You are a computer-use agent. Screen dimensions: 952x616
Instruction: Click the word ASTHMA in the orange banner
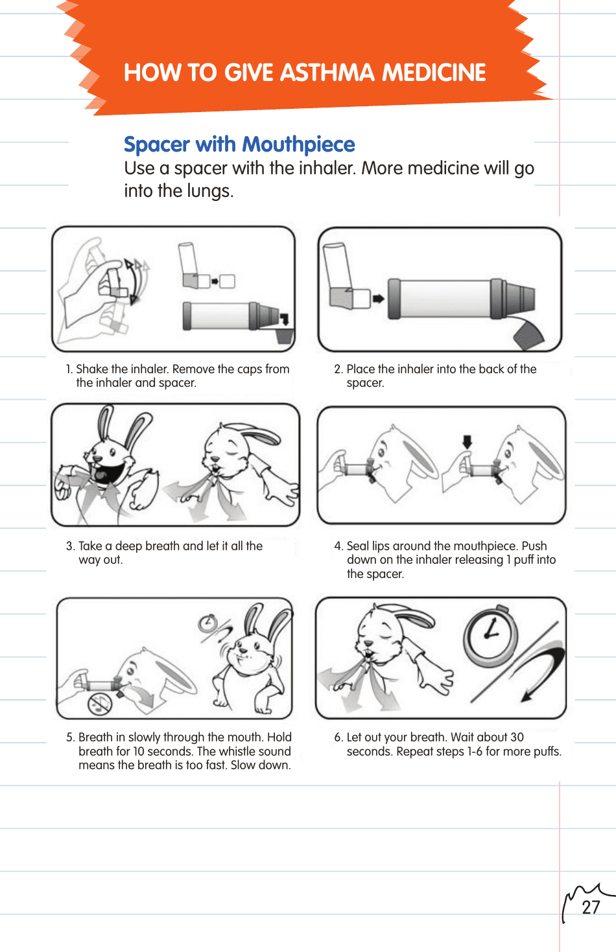[x=327, y=73]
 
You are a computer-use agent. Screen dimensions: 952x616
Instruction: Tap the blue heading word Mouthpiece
[x=300, y=144]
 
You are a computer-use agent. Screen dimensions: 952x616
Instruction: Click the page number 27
[x=591, y=907]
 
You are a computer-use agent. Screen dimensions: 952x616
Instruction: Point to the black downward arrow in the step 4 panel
[x=467, y=442]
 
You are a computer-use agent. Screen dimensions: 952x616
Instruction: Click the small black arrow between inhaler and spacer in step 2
[x=378, y=299]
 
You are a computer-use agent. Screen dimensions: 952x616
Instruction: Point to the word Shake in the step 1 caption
[x=92, y=369]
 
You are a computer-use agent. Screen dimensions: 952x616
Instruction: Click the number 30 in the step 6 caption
[x=517, y=737]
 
